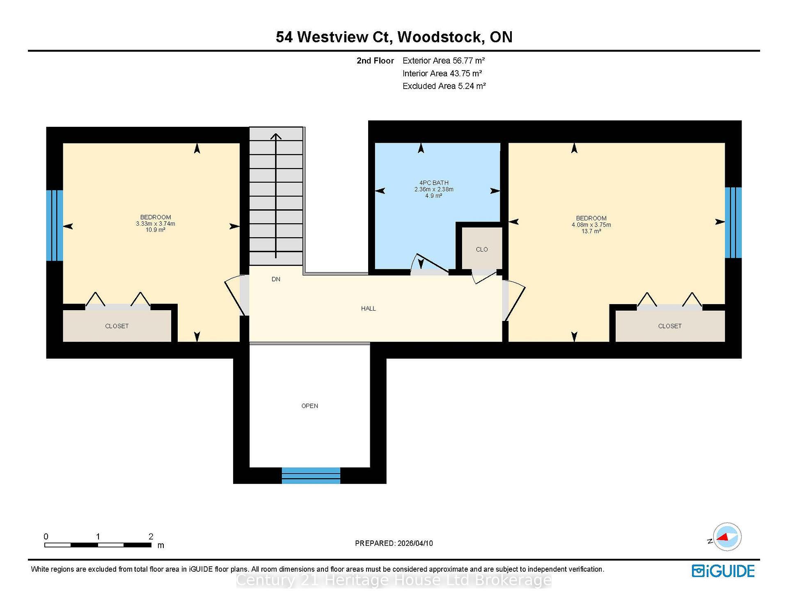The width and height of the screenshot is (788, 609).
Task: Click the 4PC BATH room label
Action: (434, 183)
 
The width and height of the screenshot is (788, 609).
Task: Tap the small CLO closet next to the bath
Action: (482, 249)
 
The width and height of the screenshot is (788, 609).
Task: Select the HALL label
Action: (368, 309)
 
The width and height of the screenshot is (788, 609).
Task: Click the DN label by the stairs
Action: (276, 279)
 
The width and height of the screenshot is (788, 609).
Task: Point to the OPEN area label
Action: (309, 406)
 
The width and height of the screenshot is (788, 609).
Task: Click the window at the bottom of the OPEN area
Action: (311, 475)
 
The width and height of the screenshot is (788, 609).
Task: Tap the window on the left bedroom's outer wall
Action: (54, 225)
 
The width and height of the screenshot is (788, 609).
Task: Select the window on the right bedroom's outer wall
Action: (733, 222)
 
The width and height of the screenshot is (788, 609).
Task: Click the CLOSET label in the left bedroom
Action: (117, 326)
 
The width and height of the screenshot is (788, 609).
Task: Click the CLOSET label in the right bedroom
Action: (670, 326)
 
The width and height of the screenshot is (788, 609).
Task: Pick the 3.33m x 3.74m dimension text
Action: (156, 224)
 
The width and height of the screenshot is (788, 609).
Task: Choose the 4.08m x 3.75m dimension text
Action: (591, 225)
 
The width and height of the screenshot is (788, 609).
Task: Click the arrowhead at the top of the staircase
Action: (276, 136)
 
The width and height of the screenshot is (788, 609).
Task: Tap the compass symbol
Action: (727, 536)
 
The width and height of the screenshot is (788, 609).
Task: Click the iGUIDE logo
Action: (723, 571)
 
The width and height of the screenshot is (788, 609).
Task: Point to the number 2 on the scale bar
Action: (151, 536)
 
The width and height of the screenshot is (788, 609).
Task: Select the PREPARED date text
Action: (394, 543)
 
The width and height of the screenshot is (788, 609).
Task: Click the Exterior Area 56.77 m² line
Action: (443, 61)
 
